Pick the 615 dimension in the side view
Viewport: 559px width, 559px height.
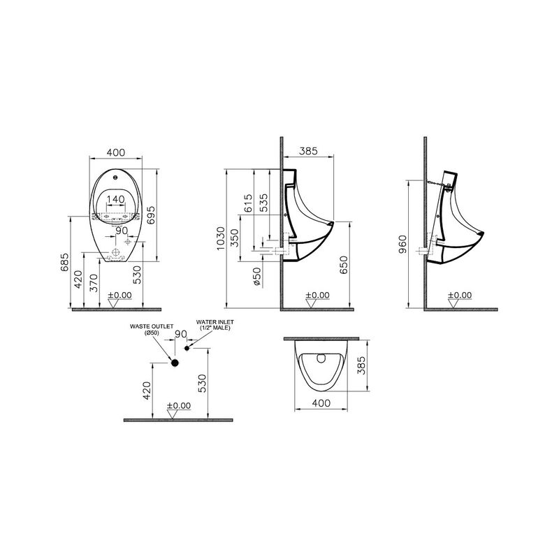247,203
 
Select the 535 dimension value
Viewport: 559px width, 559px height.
263,200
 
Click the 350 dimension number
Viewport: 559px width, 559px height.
235,239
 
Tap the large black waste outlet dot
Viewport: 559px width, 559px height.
175,363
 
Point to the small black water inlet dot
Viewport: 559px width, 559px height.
187,347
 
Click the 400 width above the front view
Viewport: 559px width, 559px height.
117,152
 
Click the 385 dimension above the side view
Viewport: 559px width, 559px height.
309,150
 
